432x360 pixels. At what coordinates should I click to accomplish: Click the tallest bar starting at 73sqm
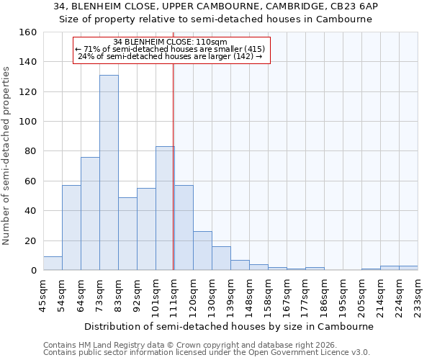[x=109, y=173]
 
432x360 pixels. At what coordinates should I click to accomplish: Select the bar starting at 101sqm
[x=165, y=209]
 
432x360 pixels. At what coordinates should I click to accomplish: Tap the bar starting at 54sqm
[x=71, y=228]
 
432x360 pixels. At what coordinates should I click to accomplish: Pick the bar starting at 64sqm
[x=90, y=214]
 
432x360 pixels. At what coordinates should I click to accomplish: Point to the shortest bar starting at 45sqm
[x=53, y=264]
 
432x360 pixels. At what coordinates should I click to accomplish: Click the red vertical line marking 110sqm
[x=173, y=166]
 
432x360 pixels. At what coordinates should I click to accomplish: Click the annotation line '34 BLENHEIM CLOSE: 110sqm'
[x=171, y=42]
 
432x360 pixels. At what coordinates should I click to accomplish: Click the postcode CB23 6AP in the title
[x=362, y=6]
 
